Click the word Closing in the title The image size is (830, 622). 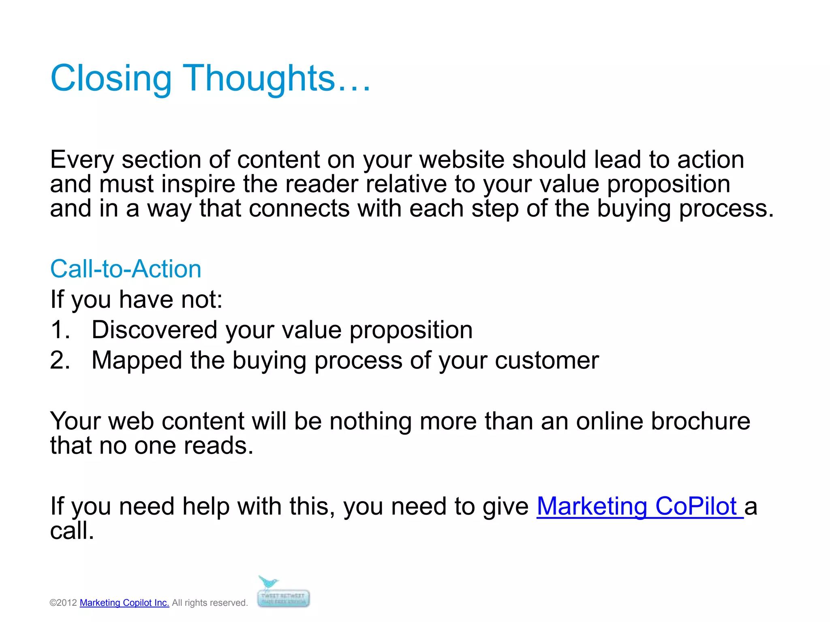coord(111,79)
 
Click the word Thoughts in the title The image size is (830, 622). coord(260,79)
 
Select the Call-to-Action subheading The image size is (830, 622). coord(126,269)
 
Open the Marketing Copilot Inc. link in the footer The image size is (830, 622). coord(124,603)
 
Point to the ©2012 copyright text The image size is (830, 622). coord(63,603)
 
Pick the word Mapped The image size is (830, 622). coord(137,361)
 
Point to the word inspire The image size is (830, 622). coord(198,185)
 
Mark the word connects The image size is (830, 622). coord(299,209)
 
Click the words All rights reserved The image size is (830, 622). coord(210,603)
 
